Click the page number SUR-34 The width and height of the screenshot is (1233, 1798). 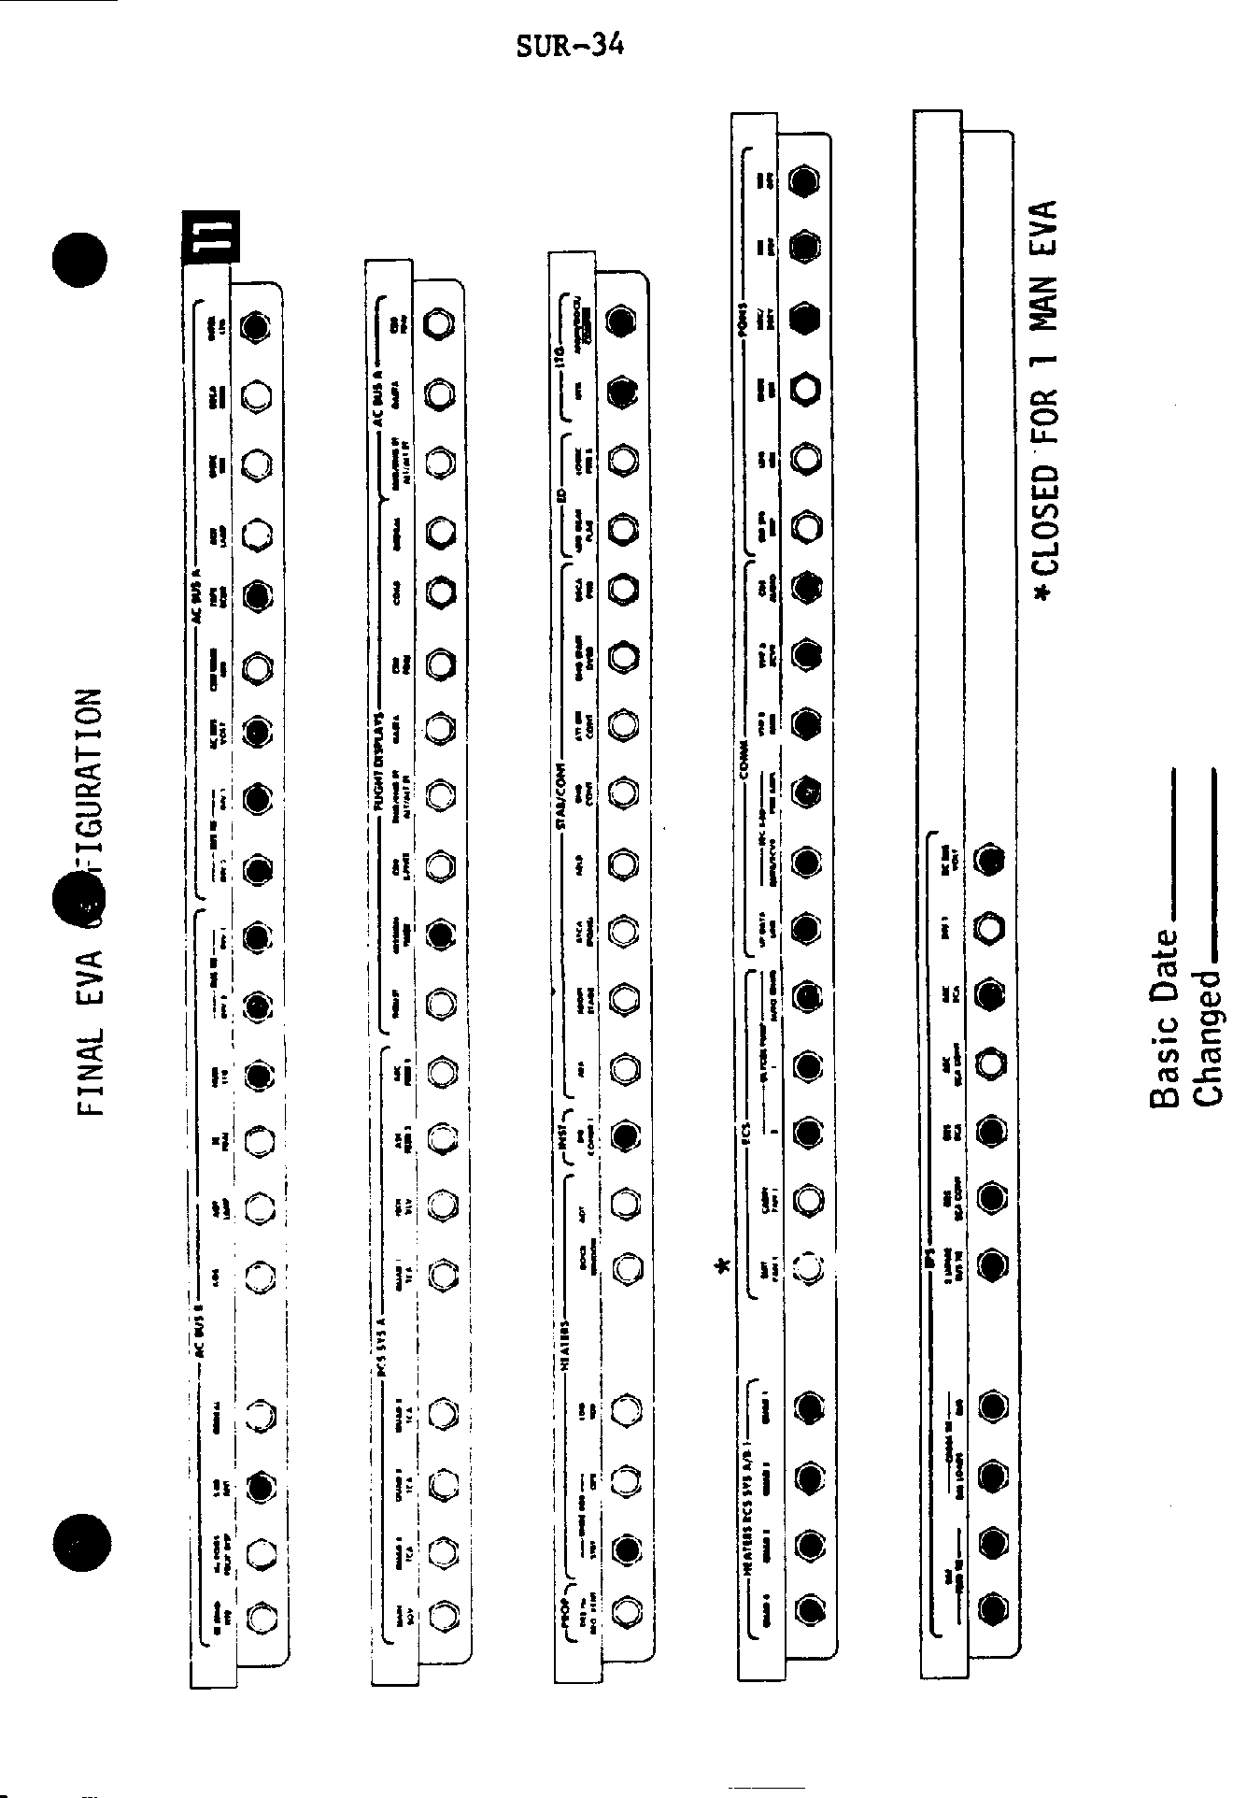[570, 45]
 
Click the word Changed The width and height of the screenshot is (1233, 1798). [1207, 1037]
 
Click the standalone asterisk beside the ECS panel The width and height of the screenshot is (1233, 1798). [720, 1268]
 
